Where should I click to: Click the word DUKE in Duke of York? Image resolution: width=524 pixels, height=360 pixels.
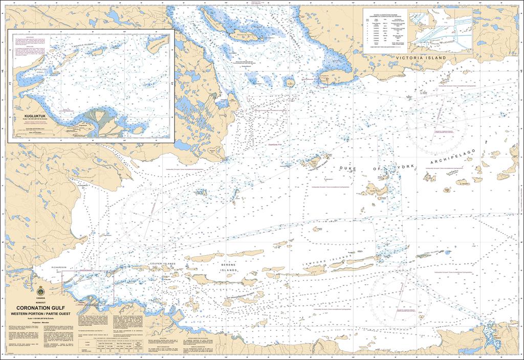click(348, 168)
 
